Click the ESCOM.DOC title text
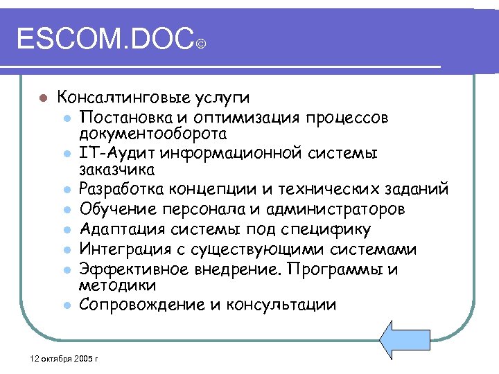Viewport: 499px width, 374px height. (104, 41)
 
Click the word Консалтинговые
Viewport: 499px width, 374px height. (114, 97)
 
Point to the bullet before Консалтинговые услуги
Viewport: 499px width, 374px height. (42, 98)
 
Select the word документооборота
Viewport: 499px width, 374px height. (138, 132)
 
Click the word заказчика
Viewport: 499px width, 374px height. (107, 170)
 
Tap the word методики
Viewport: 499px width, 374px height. (107, 285)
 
